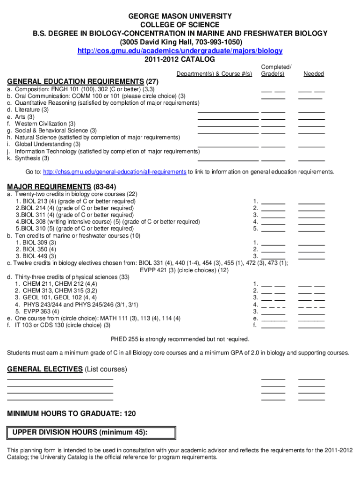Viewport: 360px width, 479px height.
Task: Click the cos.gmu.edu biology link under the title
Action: [180, 51]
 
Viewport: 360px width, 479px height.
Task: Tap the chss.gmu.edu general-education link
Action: [115, 172]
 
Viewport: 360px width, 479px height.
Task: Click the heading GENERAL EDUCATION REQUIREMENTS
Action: [75, 80]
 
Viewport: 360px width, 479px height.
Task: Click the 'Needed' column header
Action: [313, 74]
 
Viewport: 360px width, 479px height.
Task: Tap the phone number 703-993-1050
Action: [214, 42]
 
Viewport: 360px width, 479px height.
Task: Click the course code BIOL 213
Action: [32, 201]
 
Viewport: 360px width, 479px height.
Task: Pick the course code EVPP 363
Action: [31, 311]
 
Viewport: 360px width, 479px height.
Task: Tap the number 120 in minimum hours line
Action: [130, 414]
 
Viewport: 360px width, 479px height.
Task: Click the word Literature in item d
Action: [28, 109]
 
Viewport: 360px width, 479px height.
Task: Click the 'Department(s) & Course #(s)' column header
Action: [214, 74]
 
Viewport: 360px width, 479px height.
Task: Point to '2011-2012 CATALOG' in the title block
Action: [180, 59]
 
